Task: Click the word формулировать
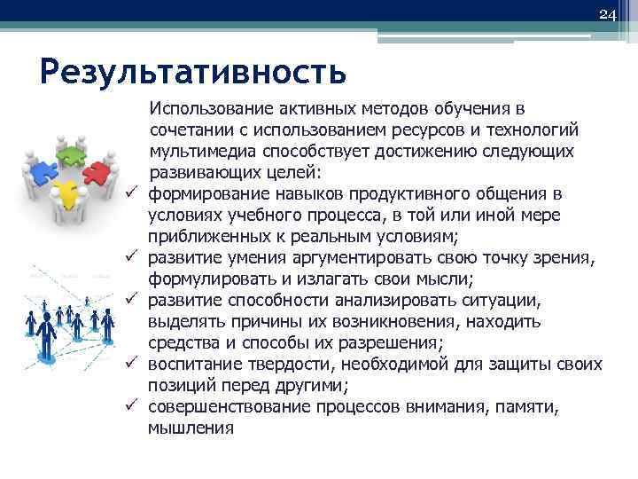pyautogui.click(x=202, y=279)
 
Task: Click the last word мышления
pyautogui.click(x=191, y=428)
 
